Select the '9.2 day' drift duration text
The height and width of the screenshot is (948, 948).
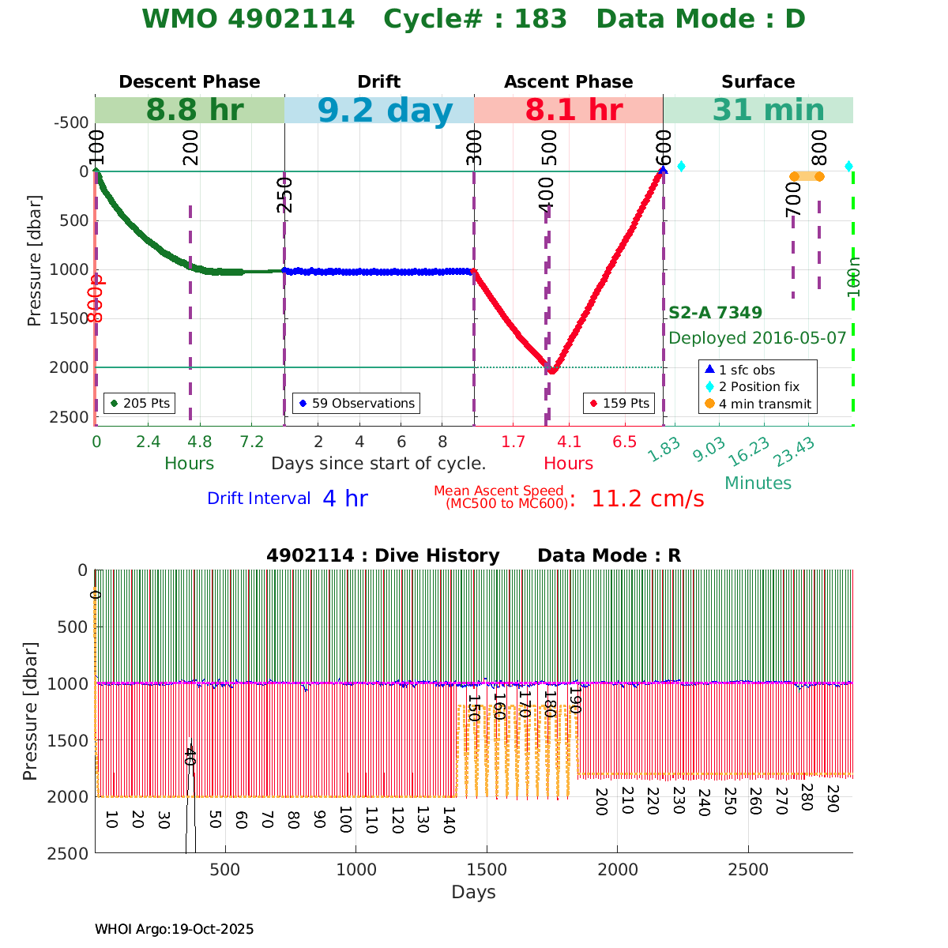click(x=385, y=111)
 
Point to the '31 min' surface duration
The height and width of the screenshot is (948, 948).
click(x=757, y=111)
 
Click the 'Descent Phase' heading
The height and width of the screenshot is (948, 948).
click(x=189, y=82)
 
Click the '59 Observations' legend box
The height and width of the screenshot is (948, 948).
click(x=355, y=403)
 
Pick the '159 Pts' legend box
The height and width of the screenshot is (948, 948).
click(x=619, y=403)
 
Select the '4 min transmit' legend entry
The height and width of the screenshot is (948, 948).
click(x=758, y=404)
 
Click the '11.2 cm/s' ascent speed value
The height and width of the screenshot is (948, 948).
click(x=647, y=498)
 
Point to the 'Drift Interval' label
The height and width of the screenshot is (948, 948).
click(x=258, y=498)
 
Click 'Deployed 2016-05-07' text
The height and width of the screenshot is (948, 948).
click(x=757, y=338)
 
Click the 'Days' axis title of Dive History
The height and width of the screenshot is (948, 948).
click(x=473, y=892)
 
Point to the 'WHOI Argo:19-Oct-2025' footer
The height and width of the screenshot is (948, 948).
click(x=174, y=929)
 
